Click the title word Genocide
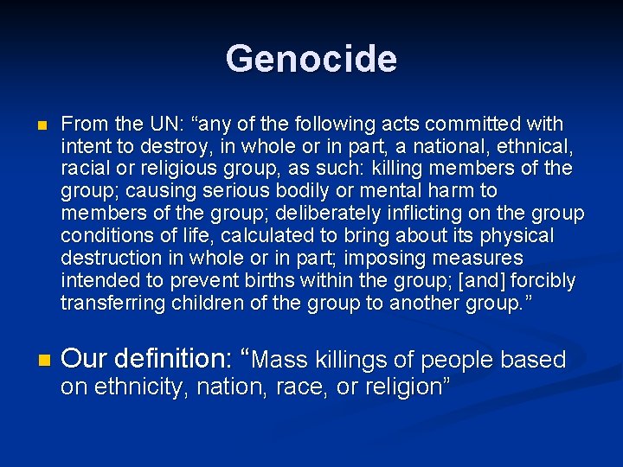[311, 59]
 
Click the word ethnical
[536, 146]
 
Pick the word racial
[84, 169]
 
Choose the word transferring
[112, 304]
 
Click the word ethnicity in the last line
[138, 387]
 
